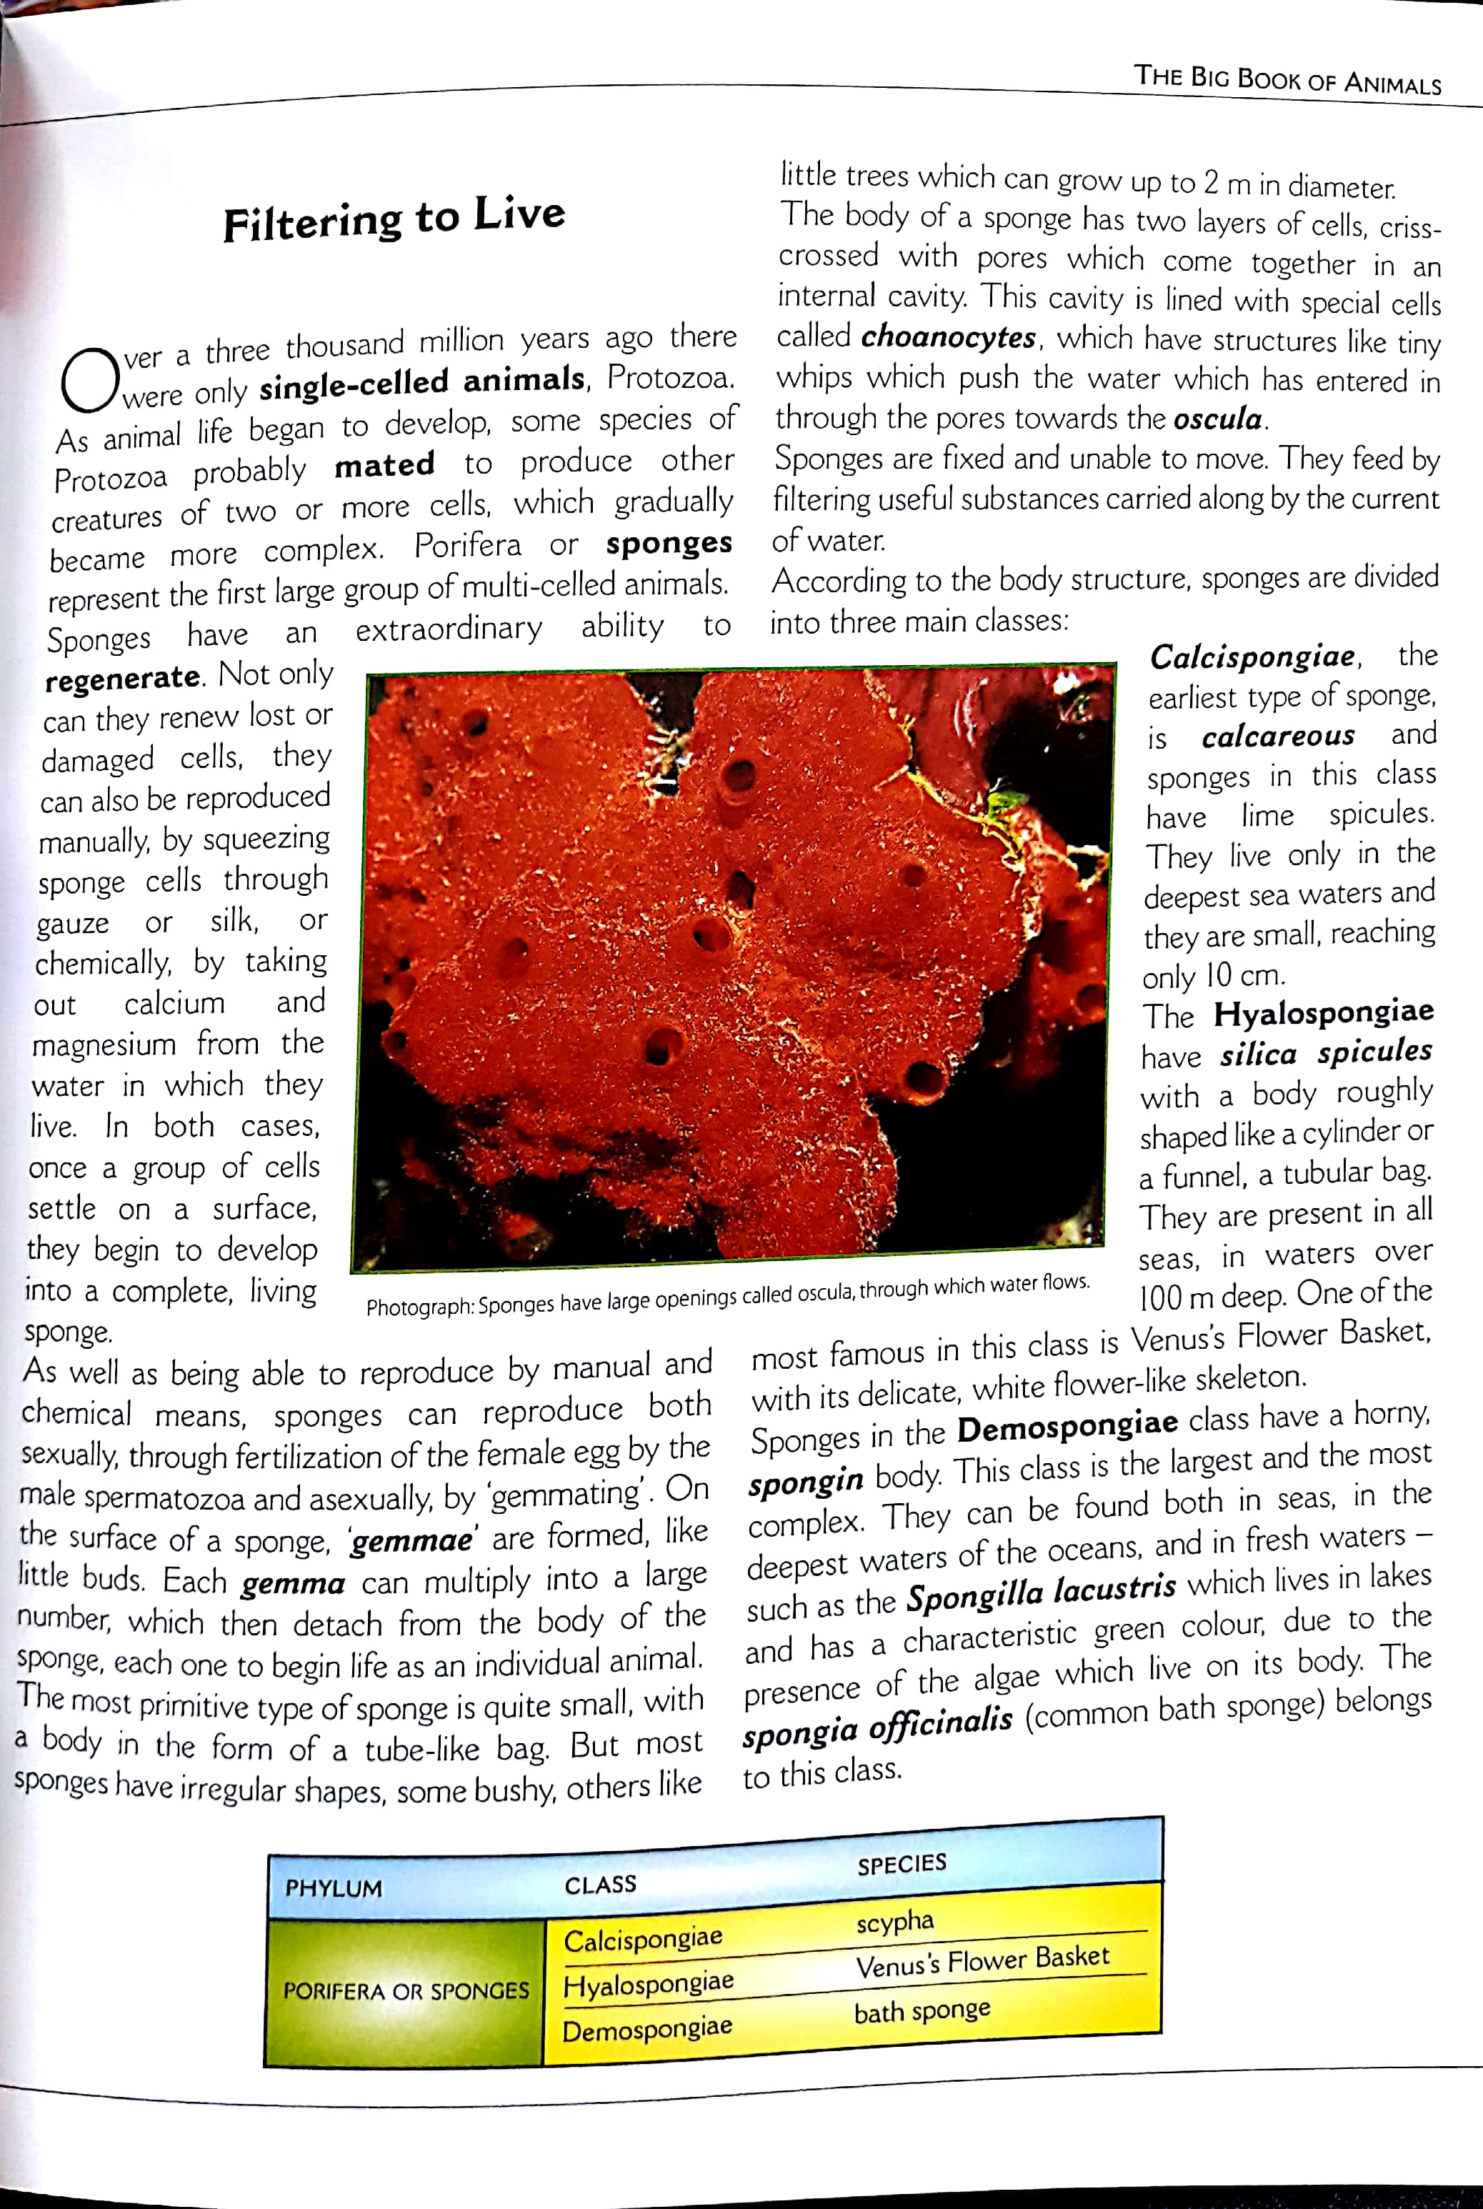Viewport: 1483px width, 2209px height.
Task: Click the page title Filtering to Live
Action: point(394,219)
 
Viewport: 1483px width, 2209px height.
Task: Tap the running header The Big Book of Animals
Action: point(1287,79)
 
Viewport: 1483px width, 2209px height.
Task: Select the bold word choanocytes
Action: point(949,336)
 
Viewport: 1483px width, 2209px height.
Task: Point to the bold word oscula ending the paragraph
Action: point(1218,418)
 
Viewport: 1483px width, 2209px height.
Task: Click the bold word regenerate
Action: point(123,679)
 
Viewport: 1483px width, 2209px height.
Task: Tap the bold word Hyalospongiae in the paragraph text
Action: point(1323,1013)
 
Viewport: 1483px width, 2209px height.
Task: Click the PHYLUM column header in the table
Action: point(334,1888)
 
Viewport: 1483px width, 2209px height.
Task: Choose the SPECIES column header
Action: point(902,1864)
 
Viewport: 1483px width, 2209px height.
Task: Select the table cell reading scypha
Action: point(894,1922)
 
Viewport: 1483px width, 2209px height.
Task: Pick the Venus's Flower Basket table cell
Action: point(982,1963)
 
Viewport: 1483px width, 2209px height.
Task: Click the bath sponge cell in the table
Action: point(922,2011)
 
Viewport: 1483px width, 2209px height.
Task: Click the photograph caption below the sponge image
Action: point(727,1295)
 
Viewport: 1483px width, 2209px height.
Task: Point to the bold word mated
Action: point(384,465)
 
